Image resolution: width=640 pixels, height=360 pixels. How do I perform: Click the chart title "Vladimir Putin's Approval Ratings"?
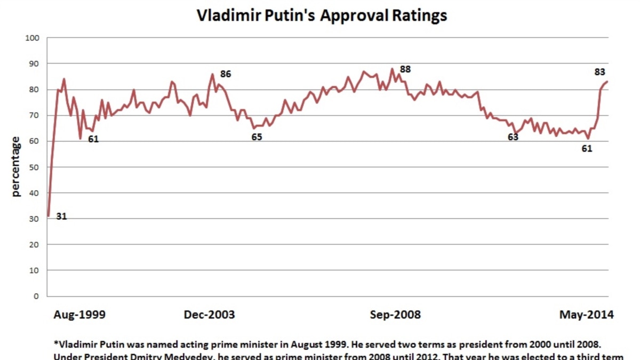tap(322, 15)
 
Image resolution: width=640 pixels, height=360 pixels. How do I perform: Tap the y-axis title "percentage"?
tap(16, 166)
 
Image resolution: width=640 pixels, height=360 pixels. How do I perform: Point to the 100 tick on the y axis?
tap(33, 38)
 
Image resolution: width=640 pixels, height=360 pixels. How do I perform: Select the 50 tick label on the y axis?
tap(35, 167)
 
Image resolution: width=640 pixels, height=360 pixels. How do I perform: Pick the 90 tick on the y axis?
tap(35, 63)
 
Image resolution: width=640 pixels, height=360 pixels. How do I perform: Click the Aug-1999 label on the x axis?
tap(79, 315)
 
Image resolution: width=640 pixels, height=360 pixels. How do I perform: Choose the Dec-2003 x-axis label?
tap(209, 315)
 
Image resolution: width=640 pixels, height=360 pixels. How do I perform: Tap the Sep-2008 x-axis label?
tap(395, 315)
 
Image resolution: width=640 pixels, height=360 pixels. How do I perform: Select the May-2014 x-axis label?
tap(586, 315)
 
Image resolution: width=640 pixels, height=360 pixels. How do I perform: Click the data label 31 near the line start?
tap(61, 217)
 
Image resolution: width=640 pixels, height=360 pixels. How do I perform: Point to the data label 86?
tap(226, 74)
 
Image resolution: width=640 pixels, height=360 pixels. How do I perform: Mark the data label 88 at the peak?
tap(405, 69)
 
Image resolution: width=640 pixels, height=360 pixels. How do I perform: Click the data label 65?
tap(257, 137)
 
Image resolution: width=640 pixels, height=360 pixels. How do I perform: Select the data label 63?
tap(513, 137)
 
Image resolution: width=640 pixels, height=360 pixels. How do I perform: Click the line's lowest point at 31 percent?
tap(48, 216)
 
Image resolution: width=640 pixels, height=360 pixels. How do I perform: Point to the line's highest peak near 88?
tap(393, 69)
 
